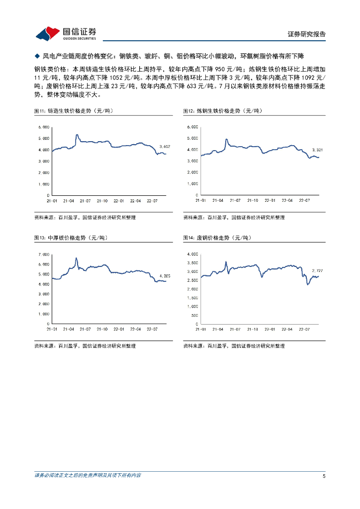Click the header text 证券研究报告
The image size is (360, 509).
(307, 34)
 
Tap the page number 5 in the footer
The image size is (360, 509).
(324, 476)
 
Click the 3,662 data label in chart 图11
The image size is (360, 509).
(165, 146)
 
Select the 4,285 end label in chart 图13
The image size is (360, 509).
(165, 276)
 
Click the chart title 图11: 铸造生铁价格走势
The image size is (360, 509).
(76, 110)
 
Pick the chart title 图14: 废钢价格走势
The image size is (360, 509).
(219, 238)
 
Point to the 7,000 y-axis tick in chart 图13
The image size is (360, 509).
(43, 254)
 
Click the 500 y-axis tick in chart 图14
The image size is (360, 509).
(194, 315)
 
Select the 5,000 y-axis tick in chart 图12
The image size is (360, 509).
(192, 138)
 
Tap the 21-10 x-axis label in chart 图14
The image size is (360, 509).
(252, 329)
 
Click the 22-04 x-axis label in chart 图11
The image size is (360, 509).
(136, 201)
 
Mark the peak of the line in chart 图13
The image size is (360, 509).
(76, 258)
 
